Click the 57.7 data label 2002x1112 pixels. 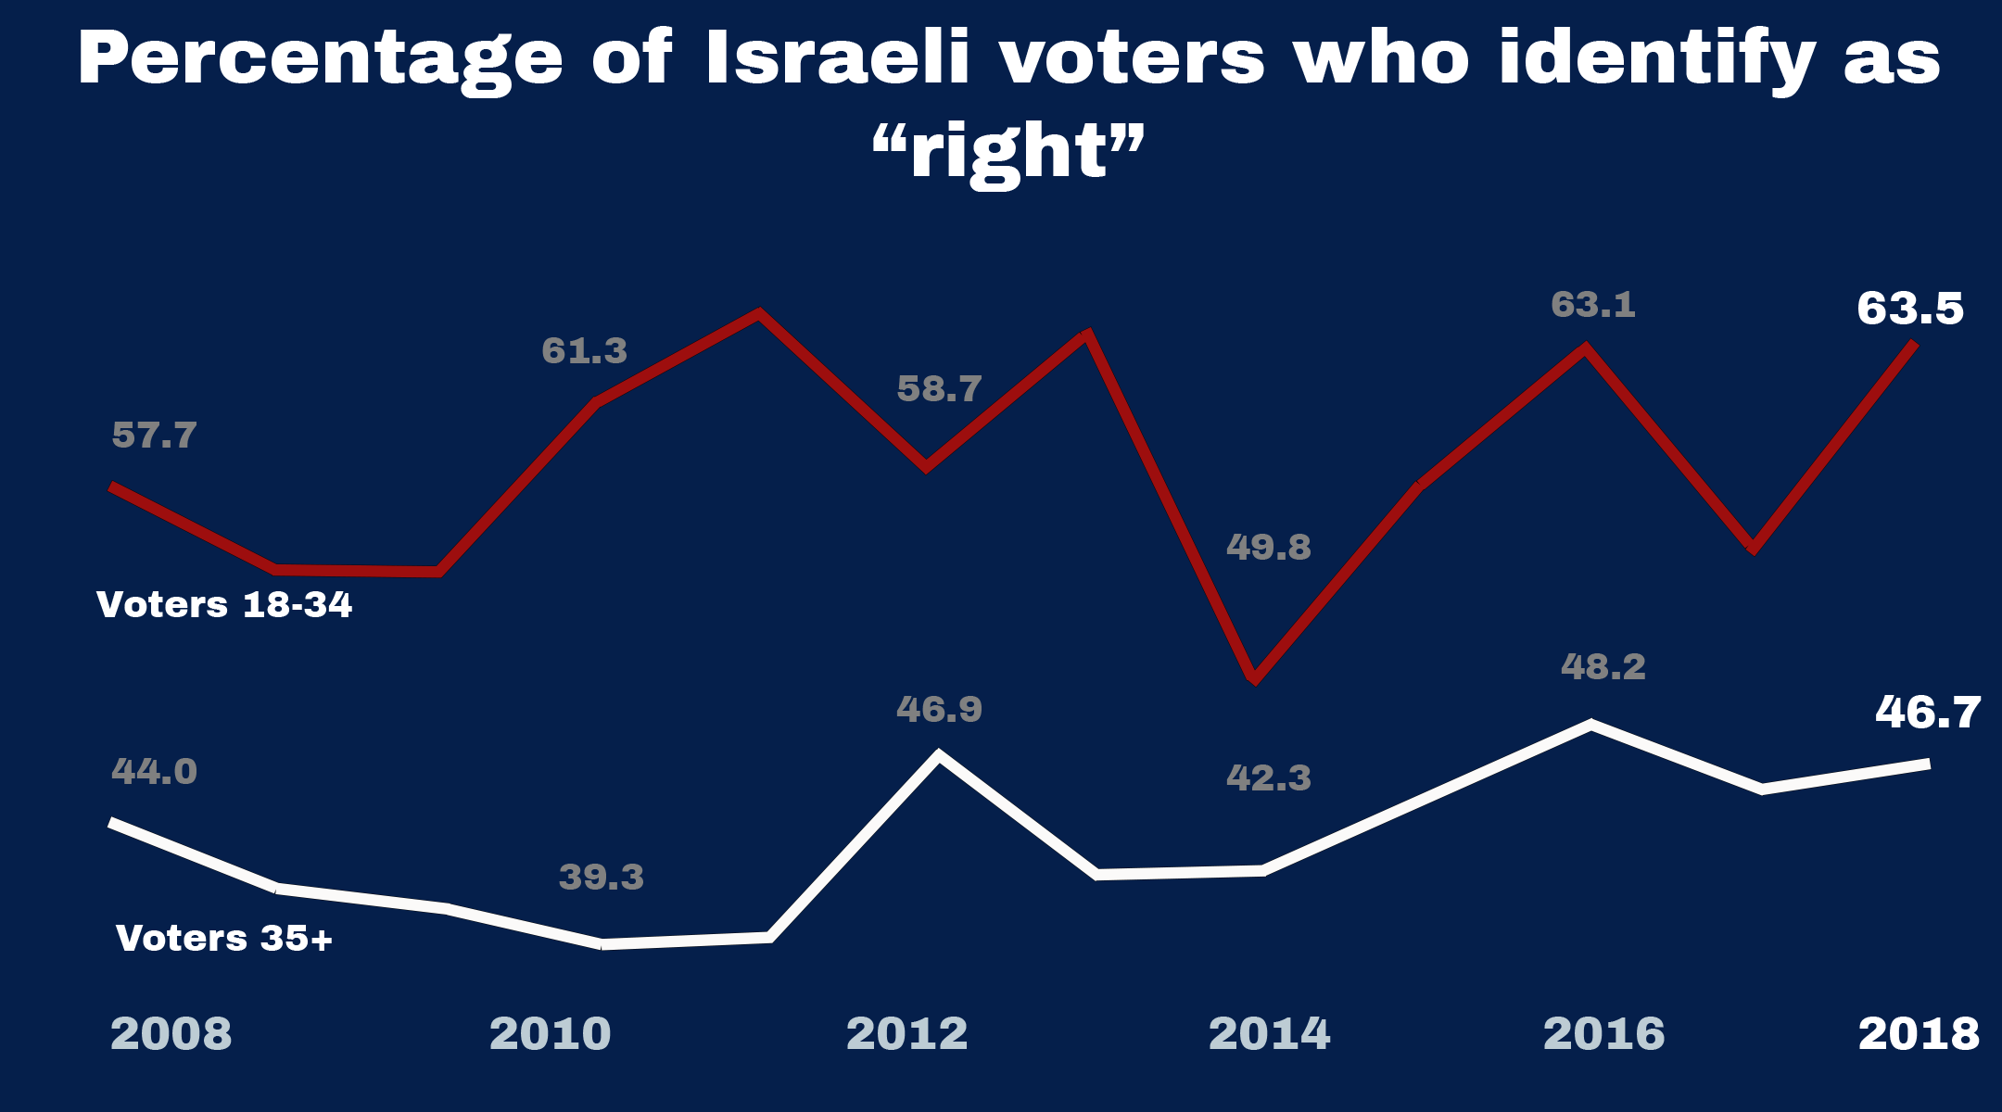pos(154,436)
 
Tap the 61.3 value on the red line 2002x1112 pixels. pos(584,351)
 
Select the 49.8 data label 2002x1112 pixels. pos(1268,548)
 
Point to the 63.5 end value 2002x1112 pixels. pos(1909,309)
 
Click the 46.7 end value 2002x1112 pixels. pos(1927,713)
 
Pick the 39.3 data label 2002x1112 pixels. pos(601,878)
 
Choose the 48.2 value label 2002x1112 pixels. pos(1603,667)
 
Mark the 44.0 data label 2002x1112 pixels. pos(154,772)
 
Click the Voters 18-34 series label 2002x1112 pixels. pos(224,605)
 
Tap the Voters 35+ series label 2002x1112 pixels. pos(224,939)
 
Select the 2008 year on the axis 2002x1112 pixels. pos(171,1034)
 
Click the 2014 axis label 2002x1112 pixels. pos(1269,1034)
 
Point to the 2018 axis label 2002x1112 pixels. pos(1919,1034)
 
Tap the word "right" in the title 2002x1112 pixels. pos(1008,152)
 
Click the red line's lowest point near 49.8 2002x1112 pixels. pos(1254,678)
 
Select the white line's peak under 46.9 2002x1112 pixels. pos(939,756)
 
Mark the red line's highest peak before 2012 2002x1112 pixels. pos(759,314)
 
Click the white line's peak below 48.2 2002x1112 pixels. pos(1590,725)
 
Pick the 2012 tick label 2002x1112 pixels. pos(906,1034)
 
